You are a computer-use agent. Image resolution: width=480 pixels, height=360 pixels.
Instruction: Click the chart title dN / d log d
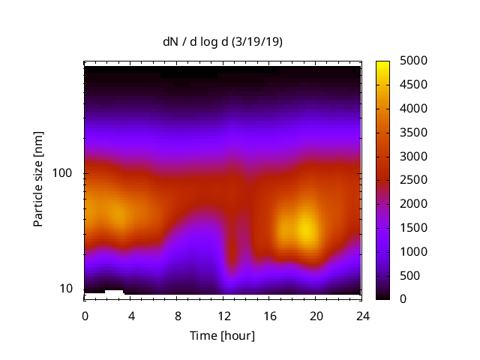click(197, 42)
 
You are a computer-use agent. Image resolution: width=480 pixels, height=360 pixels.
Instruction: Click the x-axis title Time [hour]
click(222, 335)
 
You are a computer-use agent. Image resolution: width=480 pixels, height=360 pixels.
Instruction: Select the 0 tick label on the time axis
click(85, 315)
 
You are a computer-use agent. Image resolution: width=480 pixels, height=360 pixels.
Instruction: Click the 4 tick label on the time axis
click(131, 315)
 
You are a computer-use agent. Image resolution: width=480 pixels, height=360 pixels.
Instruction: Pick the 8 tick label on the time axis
click(178, 315)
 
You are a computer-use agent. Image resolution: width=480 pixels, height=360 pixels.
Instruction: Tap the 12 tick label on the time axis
click(223, 315)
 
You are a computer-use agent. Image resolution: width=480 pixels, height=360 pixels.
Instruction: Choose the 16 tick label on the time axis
click(270, 315)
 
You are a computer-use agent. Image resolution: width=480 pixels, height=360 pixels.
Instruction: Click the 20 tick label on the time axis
click(316, 315)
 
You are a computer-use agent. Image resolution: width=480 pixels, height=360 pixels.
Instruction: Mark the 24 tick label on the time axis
click(363, 315)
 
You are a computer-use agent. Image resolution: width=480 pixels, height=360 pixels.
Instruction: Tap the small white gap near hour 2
click(114, 291)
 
